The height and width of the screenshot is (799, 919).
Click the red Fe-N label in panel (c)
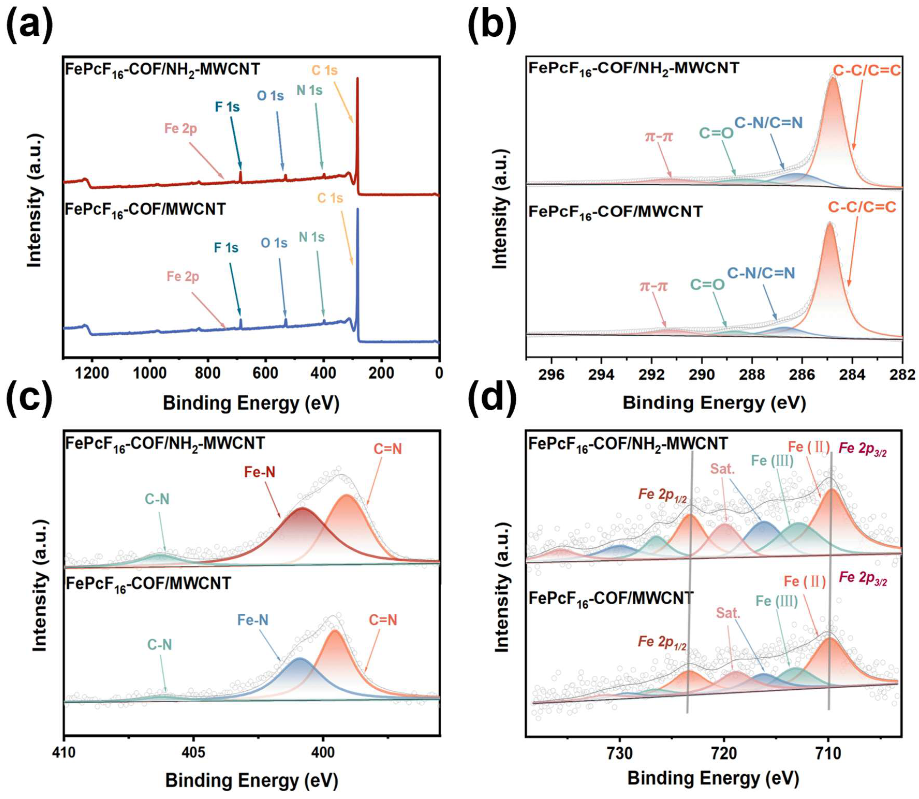point(260,472)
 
